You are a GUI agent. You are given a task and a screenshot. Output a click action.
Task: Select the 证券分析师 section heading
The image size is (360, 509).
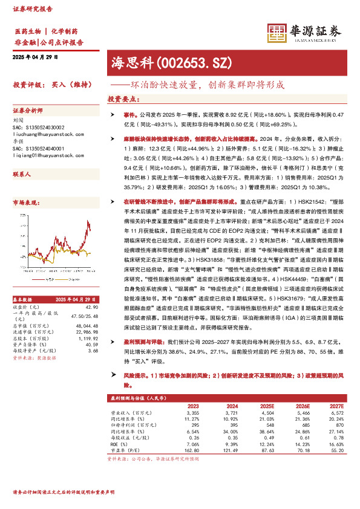click(28, 111)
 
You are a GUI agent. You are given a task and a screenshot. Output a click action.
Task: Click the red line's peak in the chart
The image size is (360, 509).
click(90, 223)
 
